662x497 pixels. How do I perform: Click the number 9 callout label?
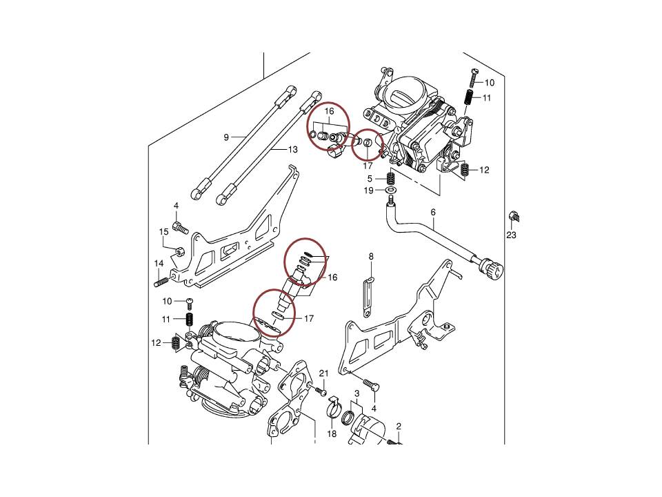pyautogui.click(x=226, y=137)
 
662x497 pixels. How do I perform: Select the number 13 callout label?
pyautogui.click(x=292, y=149)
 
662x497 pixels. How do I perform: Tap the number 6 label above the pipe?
pyautogui.click(x=433, y=213)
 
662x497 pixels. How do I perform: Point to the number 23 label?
pyautogui.click(x=511, y=235)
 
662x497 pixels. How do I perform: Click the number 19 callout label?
pyautogui.click(x=370, y=190)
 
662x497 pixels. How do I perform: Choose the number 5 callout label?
pyautogui.click(x=370, y=178)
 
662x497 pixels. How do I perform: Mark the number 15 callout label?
pyautogui.click(x=164, y=232)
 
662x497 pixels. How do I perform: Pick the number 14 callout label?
pyautogui.click(x=159, y=263)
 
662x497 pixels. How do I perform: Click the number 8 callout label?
pyautogui.click(x=371, y=257)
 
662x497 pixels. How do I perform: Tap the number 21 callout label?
pyautogui.click(x=323, y=373)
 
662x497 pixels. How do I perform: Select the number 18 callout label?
pyautogui.click(x=332, y=433)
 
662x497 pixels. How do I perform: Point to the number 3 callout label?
pyautogui.click(x=357, y=393)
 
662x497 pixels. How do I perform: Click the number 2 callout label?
pyautogui.click(x=399, y=426)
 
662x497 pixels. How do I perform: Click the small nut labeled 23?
pyautogui.click(x=513, y=217)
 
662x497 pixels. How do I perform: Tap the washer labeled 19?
pyautogui.click(x=390, y=189)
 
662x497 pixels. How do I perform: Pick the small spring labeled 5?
pyautogui.click(x=390, y=178)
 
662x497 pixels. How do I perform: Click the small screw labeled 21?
pyautogui.click(x=320, y=391)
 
